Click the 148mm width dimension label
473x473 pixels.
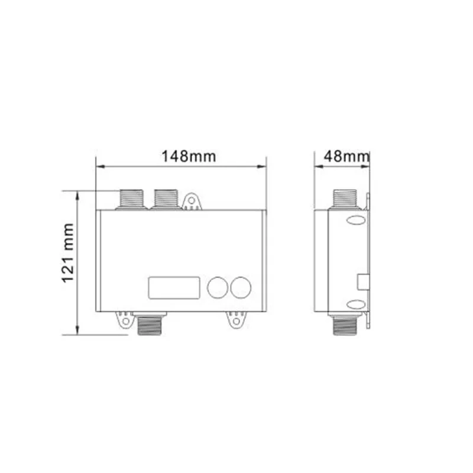[189, 156]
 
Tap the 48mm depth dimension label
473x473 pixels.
[346, 156]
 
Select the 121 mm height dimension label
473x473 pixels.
[68, 253]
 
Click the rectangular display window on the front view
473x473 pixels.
[174, 288]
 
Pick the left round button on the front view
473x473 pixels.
[218, 287]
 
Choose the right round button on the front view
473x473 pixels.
[241, 287]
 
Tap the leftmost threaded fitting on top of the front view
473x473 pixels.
[131, 199]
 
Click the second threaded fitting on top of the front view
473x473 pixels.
[166, 199]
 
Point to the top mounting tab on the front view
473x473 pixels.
[191, 201]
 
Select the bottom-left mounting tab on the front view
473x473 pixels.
[125, 320]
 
